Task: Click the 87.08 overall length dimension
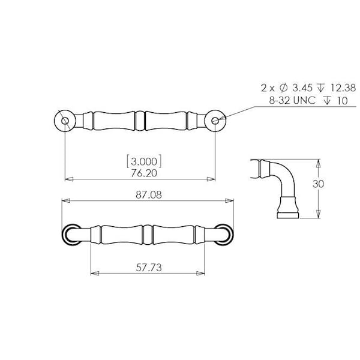coord(149,195)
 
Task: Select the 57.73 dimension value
coord(149,268)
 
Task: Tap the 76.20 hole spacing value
coord(144,173)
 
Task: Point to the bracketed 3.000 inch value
coord(144,161)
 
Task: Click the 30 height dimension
coord(318,184)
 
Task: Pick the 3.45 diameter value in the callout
coord(302,88)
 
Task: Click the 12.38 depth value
coord(343,88)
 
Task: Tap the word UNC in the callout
coord(304,101)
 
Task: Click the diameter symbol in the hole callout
coord(284,88)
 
